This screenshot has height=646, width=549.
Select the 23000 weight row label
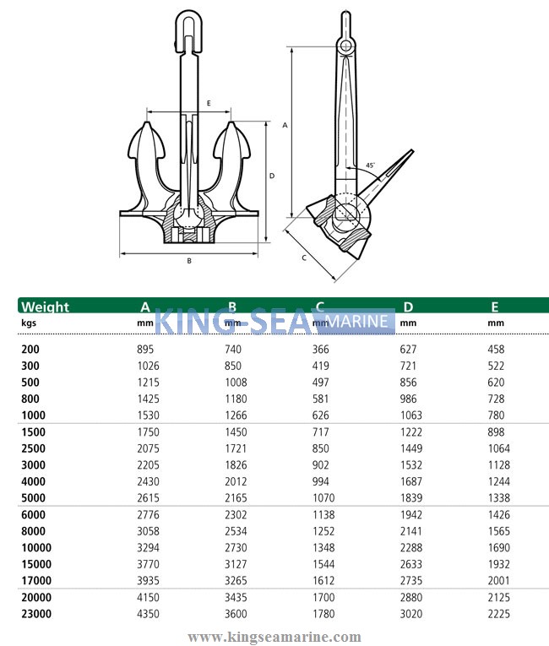(35, 614)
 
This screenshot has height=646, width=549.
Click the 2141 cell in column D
(411, 531)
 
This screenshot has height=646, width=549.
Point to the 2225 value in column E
(499, 614)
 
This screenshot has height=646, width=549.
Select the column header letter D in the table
(408, 307)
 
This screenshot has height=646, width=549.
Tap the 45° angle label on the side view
(371, 166)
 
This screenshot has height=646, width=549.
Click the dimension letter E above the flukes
(208, 103)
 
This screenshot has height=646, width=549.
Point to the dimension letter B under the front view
(189, 261)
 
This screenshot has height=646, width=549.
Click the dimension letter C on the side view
(303, 257)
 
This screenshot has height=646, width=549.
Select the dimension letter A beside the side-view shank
(285, 125)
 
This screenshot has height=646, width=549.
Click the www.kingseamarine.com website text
(274, 637)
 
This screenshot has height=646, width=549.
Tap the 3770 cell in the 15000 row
(147, 564)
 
